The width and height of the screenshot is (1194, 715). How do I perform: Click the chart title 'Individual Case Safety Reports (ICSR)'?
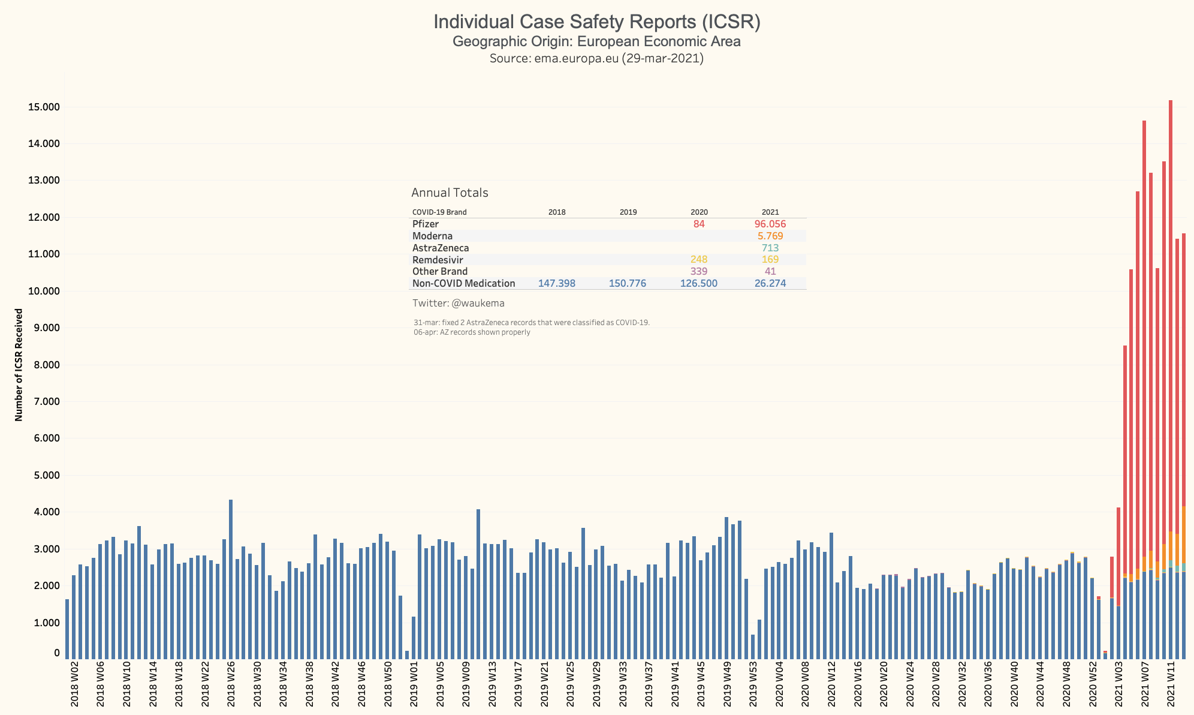tap(596, 22)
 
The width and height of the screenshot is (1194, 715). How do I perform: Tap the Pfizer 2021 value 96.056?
tap(770, 224)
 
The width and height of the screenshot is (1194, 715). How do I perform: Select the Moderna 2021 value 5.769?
tap(770, 236)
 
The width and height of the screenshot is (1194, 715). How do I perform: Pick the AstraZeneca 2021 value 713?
tap(770, 248)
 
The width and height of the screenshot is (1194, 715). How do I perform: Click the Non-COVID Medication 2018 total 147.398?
tap(556, 284)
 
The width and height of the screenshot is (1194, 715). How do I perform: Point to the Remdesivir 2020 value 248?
tap(699, 260)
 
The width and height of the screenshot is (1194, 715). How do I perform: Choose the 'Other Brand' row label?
tap(440, 272)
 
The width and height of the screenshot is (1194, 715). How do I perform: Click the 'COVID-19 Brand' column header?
tap(439, 212)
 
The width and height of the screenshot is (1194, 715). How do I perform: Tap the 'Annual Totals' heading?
tap(450, 193)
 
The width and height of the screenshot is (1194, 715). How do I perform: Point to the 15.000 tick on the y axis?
tap(44, 107)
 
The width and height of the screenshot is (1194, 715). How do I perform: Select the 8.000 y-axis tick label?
tap(46, 365)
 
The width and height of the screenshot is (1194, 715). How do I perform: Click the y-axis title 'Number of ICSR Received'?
tap(19, 365)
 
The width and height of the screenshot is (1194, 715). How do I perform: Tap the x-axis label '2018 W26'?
tap(231, 684)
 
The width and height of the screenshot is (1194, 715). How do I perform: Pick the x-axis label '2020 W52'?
tap(1093, 684)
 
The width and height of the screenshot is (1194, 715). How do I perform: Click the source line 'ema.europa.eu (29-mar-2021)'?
tap(596, 59)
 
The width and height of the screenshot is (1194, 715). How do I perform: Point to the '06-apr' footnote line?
tap(472, 332)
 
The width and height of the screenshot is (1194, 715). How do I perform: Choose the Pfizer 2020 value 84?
tap(699, 224)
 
